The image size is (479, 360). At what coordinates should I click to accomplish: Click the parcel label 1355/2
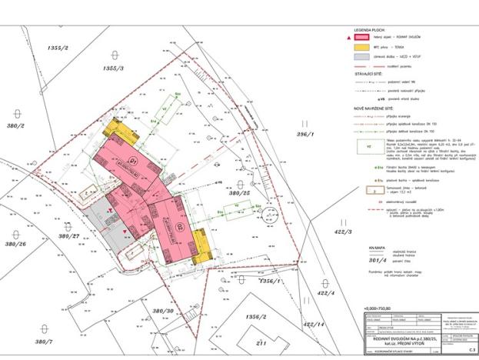[57, 48]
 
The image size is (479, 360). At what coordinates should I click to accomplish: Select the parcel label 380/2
[15, 125]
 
